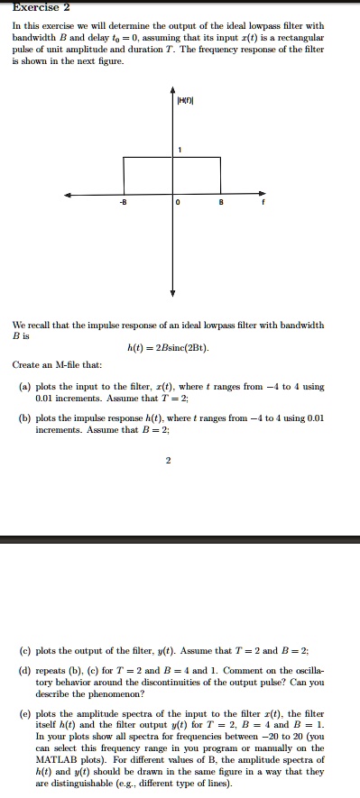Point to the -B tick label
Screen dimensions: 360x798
[125, 203]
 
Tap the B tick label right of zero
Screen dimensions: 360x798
[222, 203]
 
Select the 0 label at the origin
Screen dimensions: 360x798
[180, 203]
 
